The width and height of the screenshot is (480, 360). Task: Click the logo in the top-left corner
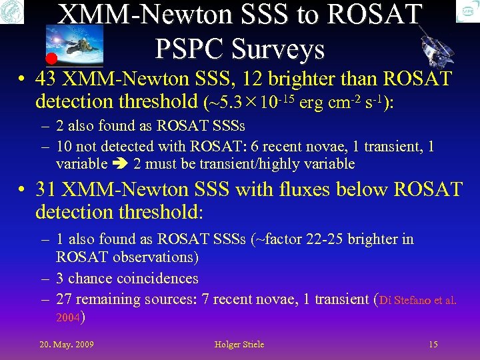(12, 11)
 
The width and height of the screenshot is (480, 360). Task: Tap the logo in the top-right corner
(467, 11)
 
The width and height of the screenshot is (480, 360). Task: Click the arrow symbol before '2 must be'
(121, 164)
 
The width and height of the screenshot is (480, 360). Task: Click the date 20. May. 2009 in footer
(67, 344)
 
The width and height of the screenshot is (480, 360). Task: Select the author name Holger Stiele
(239, 344)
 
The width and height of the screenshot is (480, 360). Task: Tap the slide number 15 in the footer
(433, 344)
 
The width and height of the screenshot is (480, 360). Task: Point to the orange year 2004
(68, 318)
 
